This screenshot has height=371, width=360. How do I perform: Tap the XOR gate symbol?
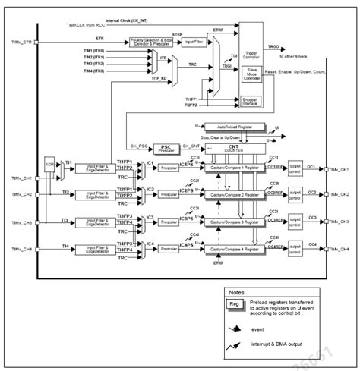click(x=49, y=164)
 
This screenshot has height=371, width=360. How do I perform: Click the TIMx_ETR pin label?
click(x=22, y=42)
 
